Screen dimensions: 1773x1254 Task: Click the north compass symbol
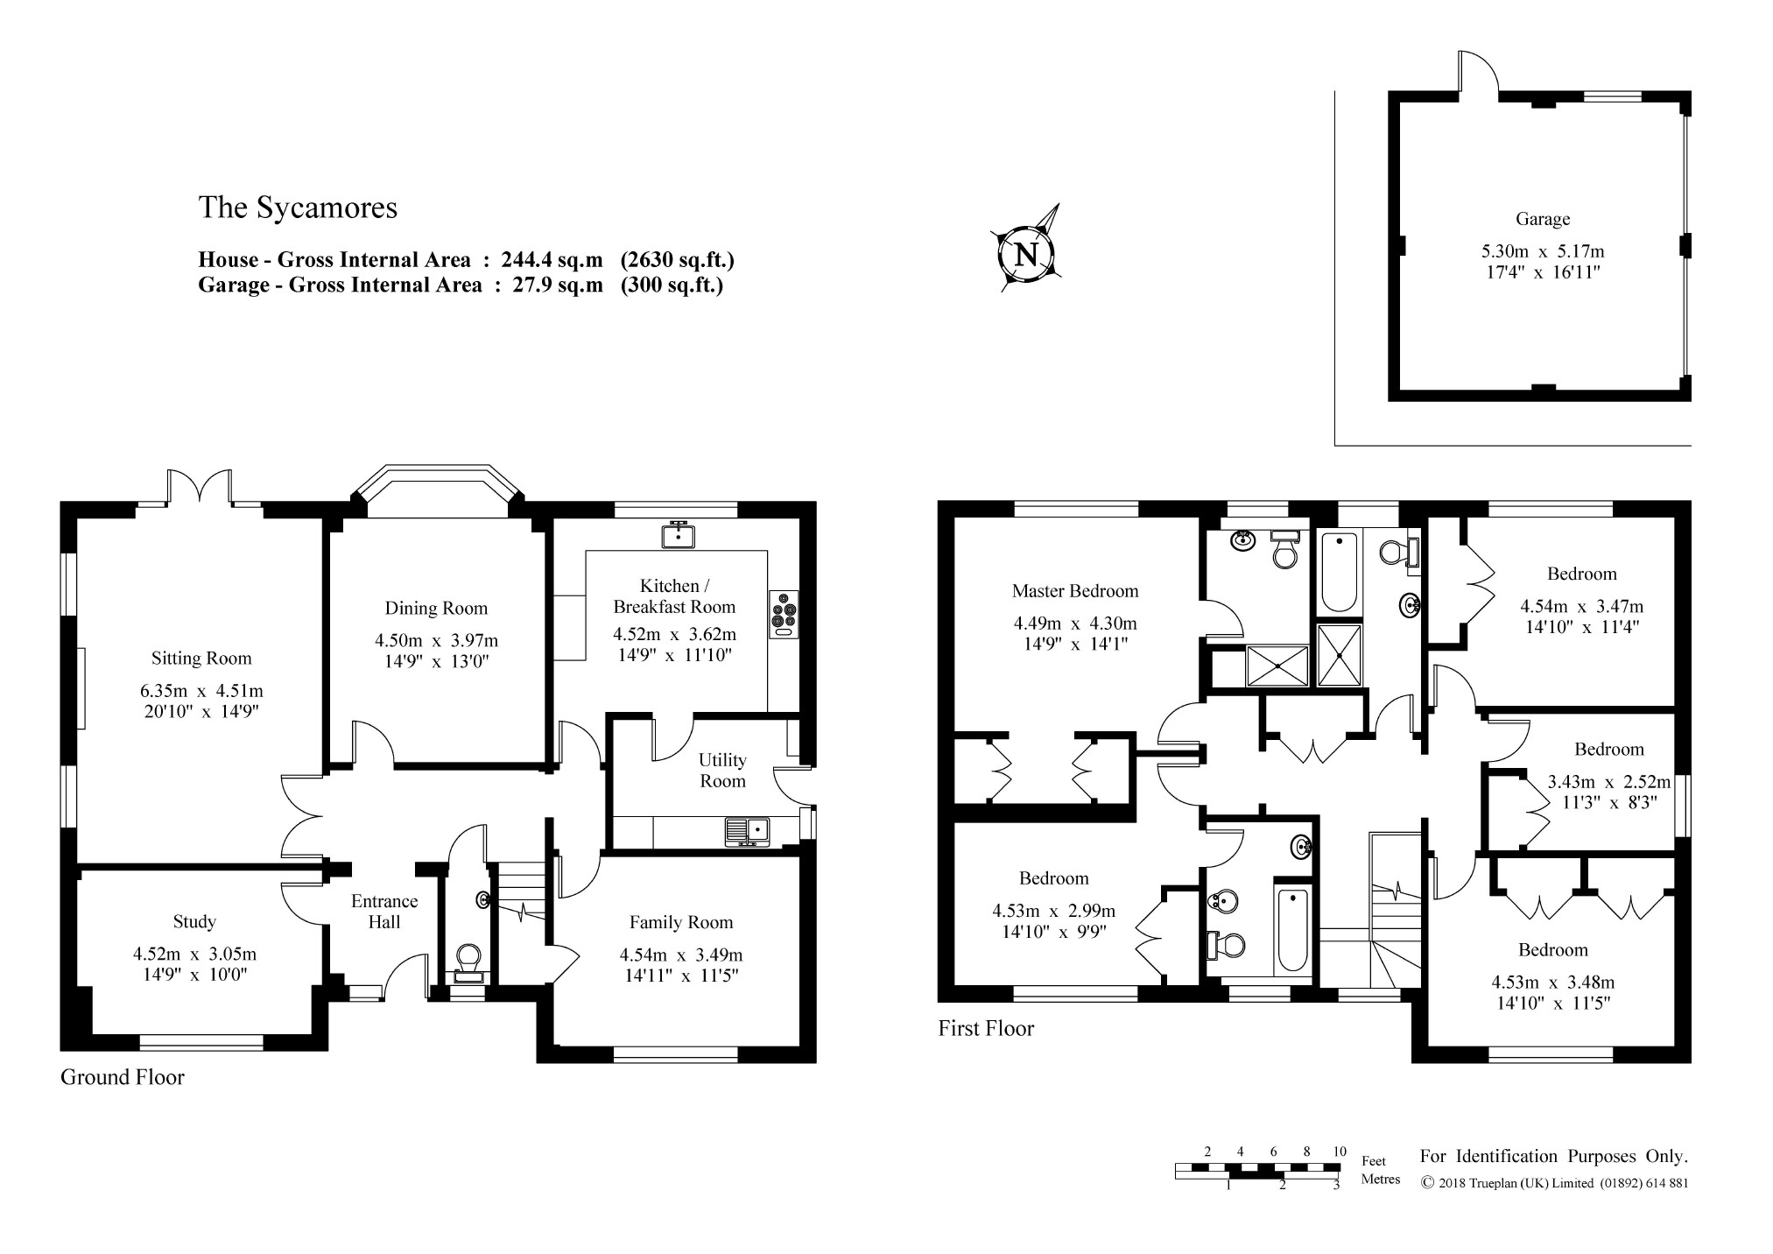click(1026, 250)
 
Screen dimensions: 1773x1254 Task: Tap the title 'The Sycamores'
click(298, 208)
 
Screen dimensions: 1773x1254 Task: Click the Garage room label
click(1543, 219)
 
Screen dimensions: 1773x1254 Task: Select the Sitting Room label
click(201, 659)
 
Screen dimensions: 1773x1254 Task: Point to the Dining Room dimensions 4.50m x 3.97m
click(436, 640)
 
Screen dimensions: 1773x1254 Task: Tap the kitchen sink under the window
click(678, 533)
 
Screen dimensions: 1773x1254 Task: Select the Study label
click(194, 921)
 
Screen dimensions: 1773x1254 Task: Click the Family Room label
click(681, 922)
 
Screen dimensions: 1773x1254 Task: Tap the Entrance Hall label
click(384, 912)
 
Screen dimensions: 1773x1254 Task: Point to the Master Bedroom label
click(1075, 591)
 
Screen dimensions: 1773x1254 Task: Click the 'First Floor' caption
click(986, 1028)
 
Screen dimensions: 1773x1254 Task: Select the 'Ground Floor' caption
click(123, 1077)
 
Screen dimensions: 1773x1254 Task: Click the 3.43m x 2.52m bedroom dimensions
click(1609, 781)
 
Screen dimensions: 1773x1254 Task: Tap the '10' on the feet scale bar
click(1340, 1152)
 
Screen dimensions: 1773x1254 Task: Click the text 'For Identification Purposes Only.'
click(1554, 1156)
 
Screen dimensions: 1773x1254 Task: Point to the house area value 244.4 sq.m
click(552, 259)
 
